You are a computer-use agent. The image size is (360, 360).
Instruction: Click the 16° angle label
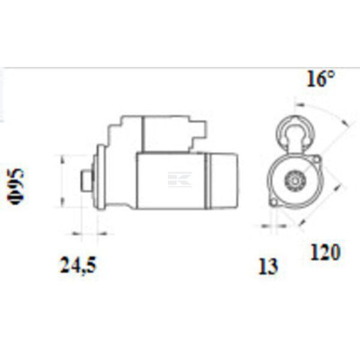click(x=321, y=79)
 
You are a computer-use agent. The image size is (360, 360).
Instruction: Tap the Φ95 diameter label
click(x=17, y=186)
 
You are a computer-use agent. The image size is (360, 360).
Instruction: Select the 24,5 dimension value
click(x=77, y=265)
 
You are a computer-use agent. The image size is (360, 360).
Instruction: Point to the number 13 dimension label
click(x=268, y=266)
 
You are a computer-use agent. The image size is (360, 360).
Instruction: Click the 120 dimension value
click(x=325, y=252)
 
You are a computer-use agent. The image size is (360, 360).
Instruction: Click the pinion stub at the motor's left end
click(x=87, y=181)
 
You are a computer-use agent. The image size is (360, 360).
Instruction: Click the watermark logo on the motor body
click(x=179, y=180)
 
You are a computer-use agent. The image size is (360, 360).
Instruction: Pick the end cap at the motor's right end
click(x=223, y=181)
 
